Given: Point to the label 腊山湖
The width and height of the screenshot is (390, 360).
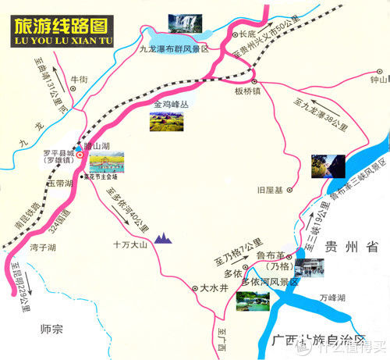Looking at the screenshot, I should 103,145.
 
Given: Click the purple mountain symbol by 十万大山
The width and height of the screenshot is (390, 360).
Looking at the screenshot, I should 164,237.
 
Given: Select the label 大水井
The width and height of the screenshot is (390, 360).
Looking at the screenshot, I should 214,288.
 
